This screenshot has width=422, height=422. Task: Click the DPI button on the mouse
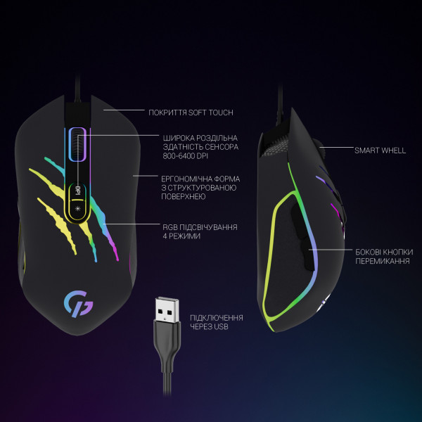click(78, 191)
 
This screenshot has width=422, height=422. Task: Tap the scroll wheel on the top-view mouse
click(77, 145)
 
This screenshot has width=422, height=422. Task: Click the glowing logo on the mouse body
click(78, 303)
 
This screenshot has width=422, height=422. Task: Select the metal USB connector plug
click(167, 310)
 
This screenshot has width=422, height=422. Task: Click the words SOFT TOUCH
click(210, 113)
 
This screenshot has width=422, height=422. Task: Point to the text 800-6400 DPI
click(186, 156)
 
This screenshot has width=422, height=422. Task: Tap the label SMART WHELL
click(380, 151)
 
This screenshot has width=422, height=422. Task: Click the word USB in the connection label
click(222, 327)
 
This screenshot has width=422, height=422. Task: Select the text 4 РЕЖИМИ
click(181, 236)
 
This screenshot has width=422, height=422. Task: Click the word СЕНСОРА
click(222, 147)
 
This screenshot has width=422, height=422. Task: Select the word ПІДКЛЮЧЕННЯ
click(217, 318)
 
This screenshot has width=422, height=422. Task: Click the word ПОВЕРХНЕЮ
click(184, 196)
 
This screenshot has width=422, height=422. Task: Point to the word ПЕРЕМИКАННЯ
click(383, 261)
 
